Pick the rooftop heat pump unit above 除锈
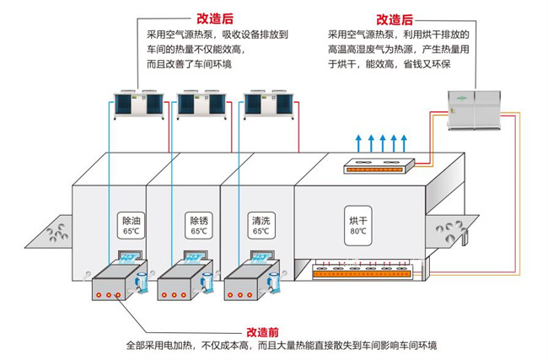[x=199, y=104]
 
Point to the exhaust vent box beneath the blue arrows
[x=380, y=166]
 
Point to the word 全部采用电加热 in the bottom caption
[x=159, y=346]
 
